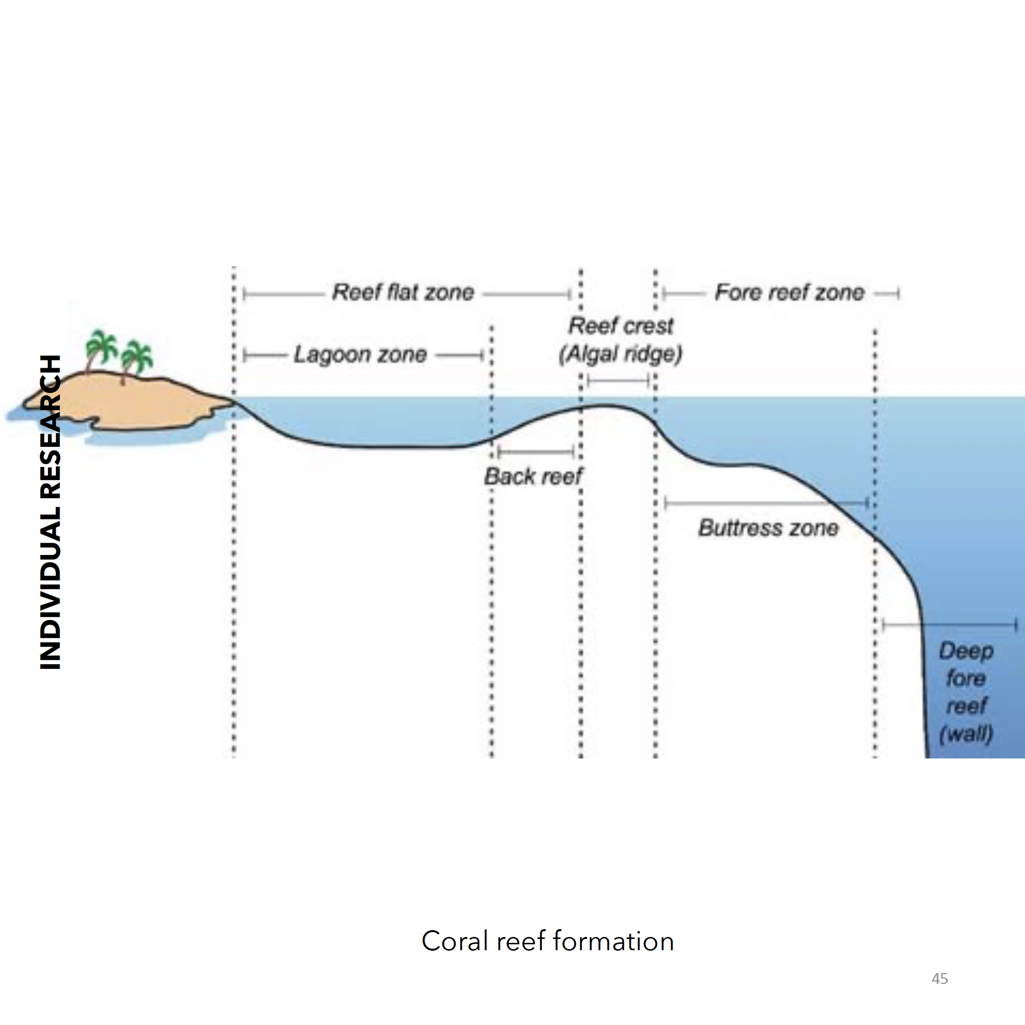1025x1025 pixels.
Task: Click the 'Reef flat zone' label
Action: click(402, 292)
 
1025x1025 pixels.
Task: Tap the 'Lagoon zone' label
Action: click(360, 355)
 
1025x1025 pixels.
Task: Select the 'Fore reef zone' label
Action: click(789, 292)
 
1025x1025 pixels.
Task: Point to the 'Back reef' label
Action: click(533, 476)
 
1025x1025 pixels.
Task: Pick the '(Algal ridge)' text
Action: click(620, 355)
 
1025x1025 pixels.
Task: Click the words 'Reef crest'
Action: click(621, 326)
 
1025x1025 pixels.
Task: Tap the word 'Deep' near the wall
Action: click(965, 651)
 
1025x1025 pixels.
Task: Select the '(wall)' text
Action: click(965, 734)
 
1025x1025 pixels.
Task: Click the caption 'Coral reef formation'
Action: click(548, 941)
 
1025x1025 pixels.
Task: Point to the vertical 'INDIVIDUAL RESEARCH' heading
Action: click(50, 512)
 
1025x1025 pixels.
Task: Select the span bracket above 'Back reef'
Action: click(536, 452)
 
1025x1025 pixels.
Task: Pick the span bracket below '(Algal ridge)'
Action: click(619, 380)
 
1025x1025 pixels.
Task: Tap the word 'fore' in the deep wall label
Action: click(965, 679)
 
